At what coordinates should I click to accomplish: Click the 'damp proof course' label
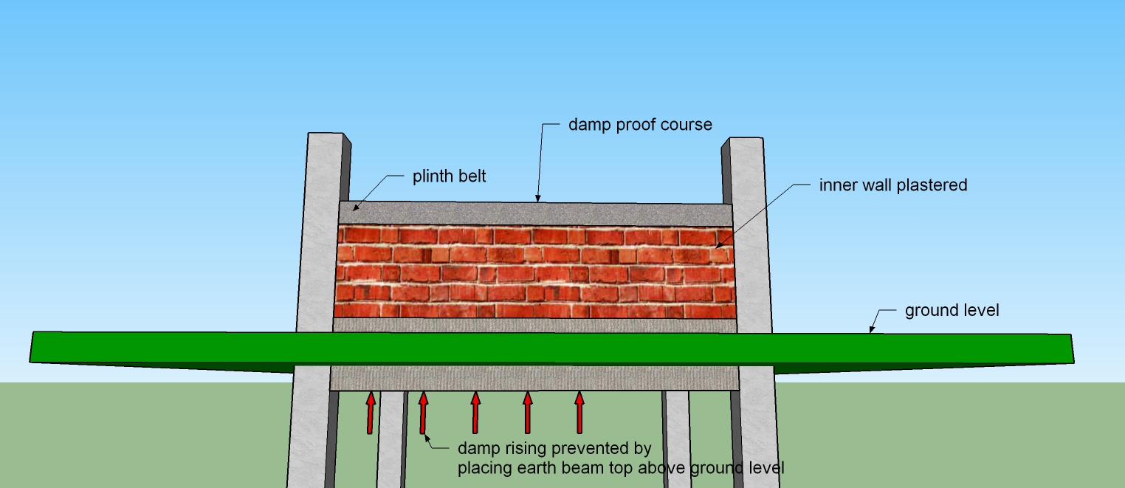click(x=640, y=124)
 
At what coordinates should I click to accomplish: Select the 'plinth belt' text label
click(x=449, y=177)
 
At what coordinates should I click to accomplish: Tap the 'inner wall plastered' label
click(x=892, y=185)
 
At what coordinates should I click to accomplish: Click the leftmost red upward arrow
click(x=371, y=413)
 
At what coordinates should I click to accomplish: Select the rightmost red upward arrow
click(x=579, y=413)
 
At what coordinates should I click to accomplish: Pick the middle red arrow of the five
click(x=475, y=413)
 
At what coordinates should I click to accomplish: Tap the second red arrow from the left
click(x=423, y=413)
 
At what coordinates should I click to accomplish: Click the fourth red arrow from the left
click(x=527, y=413)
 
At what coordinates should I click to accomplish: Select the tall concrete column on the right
click(x=748, y=236)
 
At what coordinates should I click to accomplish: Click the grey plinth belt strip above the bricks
click(x=534, y=214)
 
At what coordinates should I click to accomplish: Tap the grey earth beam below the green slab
click(x=534, y=377)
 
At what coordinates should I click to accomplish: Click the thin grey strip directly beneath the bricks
click(x=534, y=325)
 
